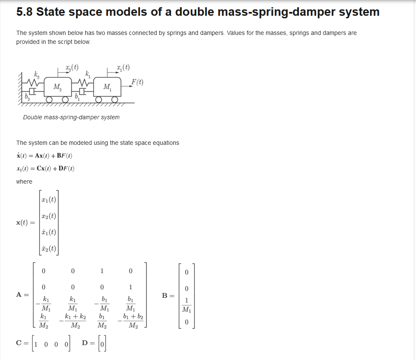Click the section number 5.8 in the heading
[24, 12]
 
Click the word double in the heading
[193, 12]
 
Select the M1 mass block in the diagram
[107, 87]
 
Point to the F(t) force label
[137, 82]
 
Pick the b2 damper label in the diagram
[27, 98]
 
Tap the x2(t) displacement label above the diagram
[72, 67]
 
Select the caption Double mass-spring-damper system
[71, 117]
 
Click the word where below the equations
[24, 181]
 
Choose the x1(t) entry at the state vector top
[49, 199]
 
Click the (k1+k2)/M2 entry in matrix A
[75, 322]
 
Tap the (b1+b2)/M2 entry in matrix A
[132, 322]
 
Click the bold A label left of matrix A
[20, 295]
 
